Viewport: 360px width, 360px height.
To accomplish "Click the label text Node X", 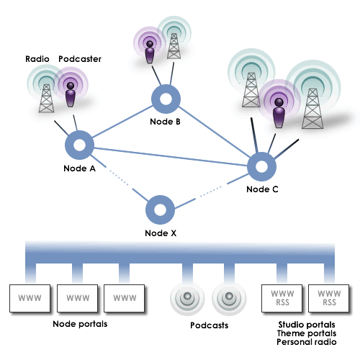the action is coord(161,233).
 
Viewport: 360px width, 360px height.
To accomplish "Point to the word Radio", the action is coord(37,59).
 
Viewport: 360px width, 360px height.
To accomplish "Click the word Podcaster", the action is coord(80,59).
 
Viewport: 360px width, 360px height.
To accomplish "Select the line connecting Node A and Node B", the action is coord(122,122).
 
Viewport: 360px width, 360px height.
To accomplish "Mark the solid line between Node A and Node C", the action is coord(171,157).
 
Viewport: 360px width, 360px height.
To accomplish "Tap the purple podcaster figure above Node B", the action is coord(150,52).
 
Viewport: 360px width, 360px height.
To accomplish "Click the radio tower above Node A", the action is coord(46,98).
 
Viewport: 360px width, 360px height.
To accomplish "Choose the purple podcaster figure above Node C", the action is coord(279,113).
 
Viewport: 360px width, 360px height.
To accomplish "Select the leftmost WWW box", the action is coord(30,298).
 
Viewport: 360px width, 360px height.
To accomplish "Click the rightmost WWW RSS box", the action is coord(329,298).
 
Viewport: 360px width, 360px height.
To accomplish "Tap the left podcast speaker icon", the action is coord(187,298).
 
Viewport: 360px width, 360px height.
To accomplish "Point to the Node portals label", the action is coord(80,324).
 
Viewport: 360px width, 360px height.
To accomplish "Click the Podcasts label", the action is coord(209,325).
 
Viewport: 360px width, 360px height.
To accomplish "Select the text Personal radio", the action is coord(307,342).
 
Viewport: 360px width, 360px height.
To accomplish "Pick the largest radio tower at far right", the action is coord(312,109).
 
